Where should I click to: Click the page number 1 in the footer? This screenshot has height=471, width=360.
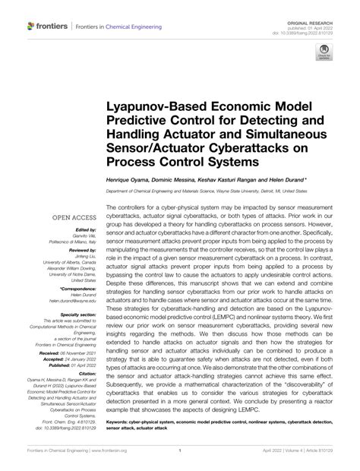179,460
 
